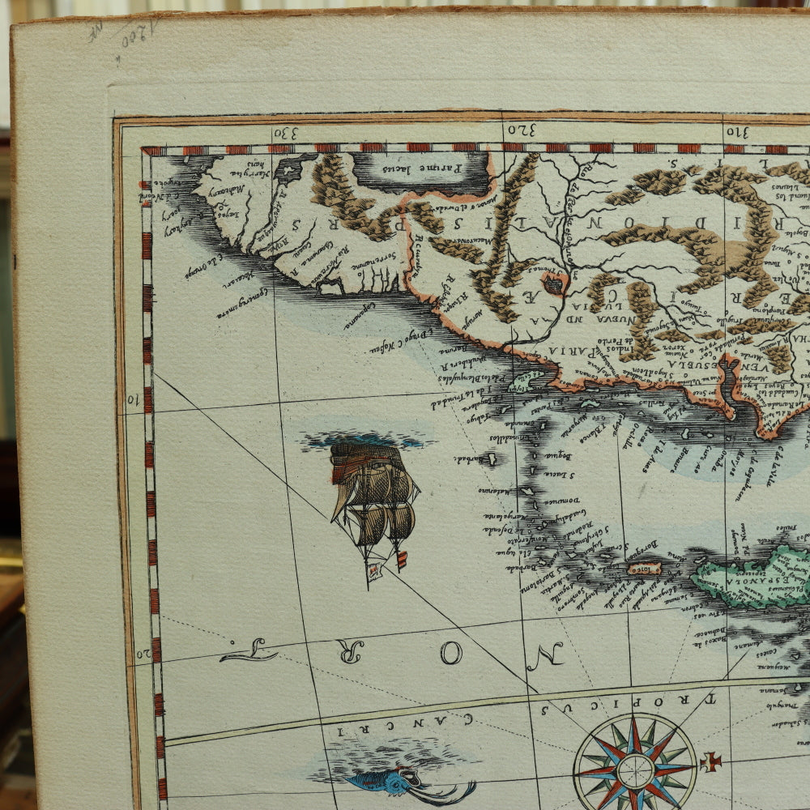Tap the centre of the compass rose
pyautogui.click(x=636, y=764)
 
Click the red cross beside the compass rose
pyautogui.click(x=711, y=761)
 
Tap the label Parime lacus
pyautogui.click(x=433, y=168)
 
